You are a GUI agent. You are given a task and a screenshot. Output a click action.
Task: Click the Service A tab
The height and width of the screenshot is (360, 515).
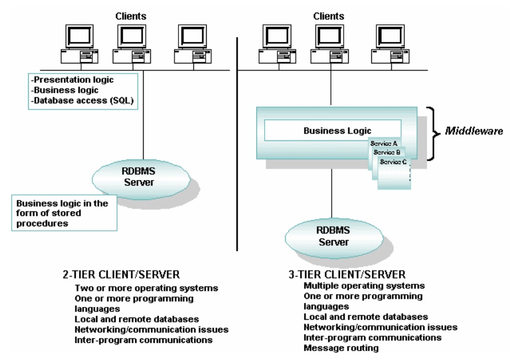point(383,143)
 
